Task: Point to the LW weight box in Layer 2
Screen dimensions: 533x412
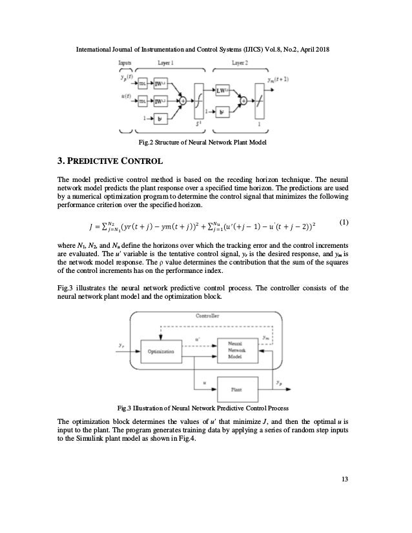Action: point(223,92)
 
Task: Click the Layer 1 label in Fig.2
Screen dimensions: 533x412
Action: point(165,63)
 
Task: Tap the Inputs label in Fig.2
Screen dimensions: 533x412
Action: point(125,63)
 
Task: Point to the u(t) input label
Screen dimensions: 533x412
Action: point(125,96)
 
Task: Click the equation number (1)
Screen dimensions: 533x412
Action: point(344,223)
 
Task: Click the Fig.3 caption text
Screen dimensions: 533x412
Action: point(206,408)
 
